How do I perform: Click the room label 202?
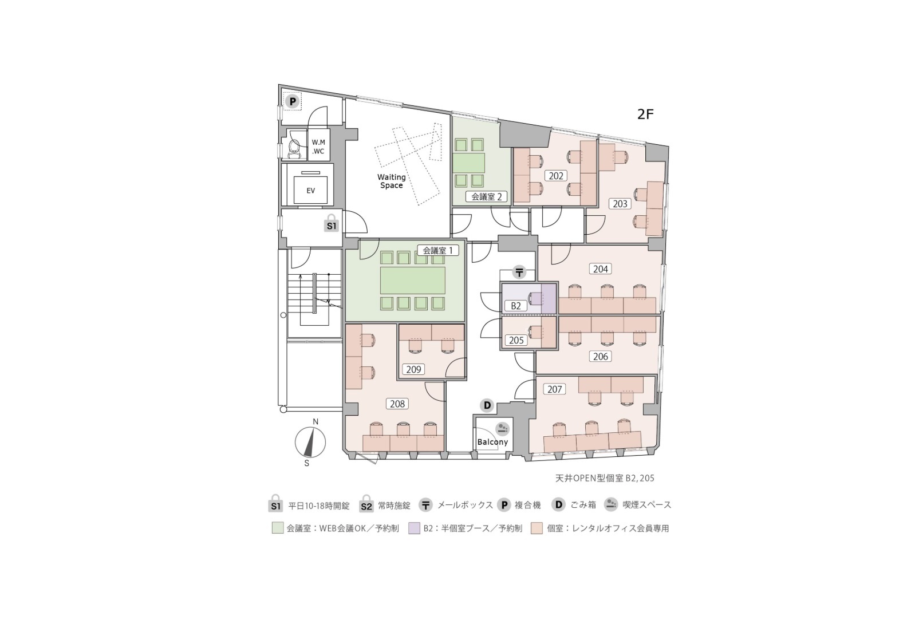click(x=556, y=176)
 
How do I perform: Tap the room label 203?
click(x=620, y=204)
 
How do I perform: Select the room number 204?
click(x=601, y=269)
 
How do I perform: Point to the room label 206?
click(x=601, y=356)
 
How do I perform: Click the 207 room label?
click(x=555, y=389)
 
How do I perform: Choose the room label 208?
click(x=397, y=404)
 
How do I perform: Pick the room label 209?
click(x=413, y=369)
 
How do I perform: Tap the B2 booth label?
click(x=516, y=306)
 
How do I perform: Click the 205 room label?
click(x=516, y=340)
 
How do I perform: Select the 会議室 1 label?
click(x=438, y=250)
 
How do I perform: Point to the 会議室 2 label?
click(x=487, y=196)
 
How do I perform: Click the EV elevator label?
click(x=311, y=191)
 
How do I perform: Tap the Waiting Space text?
click(x=392, y=181)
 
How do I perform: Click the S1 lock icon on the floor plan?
click(x=332, y=224)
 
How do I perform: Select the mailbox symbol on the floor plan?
click(x=519, y=273)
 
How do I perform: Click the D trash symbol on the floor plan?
click(x=487, y=405)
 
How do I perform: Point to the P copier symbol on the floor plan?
click(x=292, y=101)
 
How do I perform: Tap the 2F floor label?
click(x=645, y=114)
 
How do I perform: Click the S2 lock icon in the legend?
click(x=366, y=504)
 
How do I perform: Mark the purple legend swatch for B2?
click(x=414, y=528)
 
